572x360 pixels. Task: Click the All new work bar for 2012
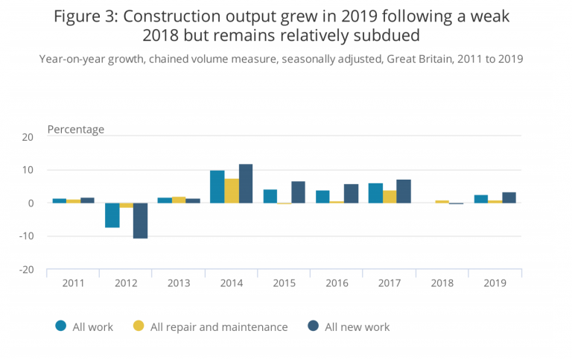point(141,221)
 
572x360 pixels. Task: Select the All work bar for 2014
point(217,187)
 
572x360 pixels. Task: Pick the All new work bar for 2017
point(404,192)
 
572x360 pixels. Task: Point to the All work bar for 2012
point(112,215)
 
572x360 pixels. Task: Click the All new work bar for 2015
point(298,192)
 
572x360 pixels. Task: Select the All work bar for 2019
point(481,199)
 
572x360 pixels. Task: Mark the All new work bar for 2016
point(351,194)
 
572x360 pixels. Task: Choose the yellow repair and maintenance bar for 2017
point(390,197)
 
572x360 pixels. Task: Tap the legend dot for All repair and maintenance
point(139,326)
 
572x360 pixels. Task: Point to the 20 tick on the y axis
point(28,137)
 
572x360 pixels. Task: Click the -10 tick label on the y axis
point(26,236)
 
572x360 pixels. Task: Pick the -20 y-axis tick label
point(26,269)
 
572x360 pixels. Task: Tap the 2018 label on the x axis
point(442,283)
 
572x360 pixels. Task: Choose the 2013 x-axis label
point(178,283)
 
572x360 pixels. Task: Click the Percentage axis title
point(76,129)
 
